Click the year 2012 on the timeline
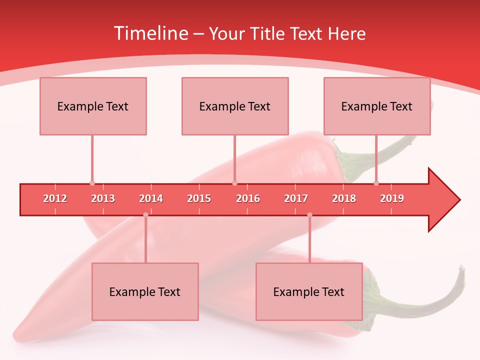(55, 198)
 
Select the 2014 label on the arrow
(151, 198)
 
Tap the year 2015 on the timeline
(199, 198)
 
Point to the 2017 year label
(296, 198)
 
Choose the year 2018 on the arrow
(344, 198)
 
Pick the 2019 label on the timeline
(392, 198)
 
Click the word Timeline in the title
(150, 33)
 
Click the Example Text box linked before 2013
(93, 106)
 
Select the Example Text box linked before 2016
(235, 106)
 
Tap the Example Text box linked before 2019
(377, 106)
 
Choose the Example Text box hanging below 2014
(145, 291)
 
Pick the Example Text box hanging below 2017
(309, 291)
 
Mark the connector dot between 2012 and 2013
(92, 183)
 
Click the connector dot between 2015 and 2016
(234, 183)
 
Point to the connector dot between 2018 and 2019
(376, 183)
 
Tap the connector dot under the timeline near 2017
(309, 215)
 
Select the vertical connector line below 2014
(145, 240)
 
